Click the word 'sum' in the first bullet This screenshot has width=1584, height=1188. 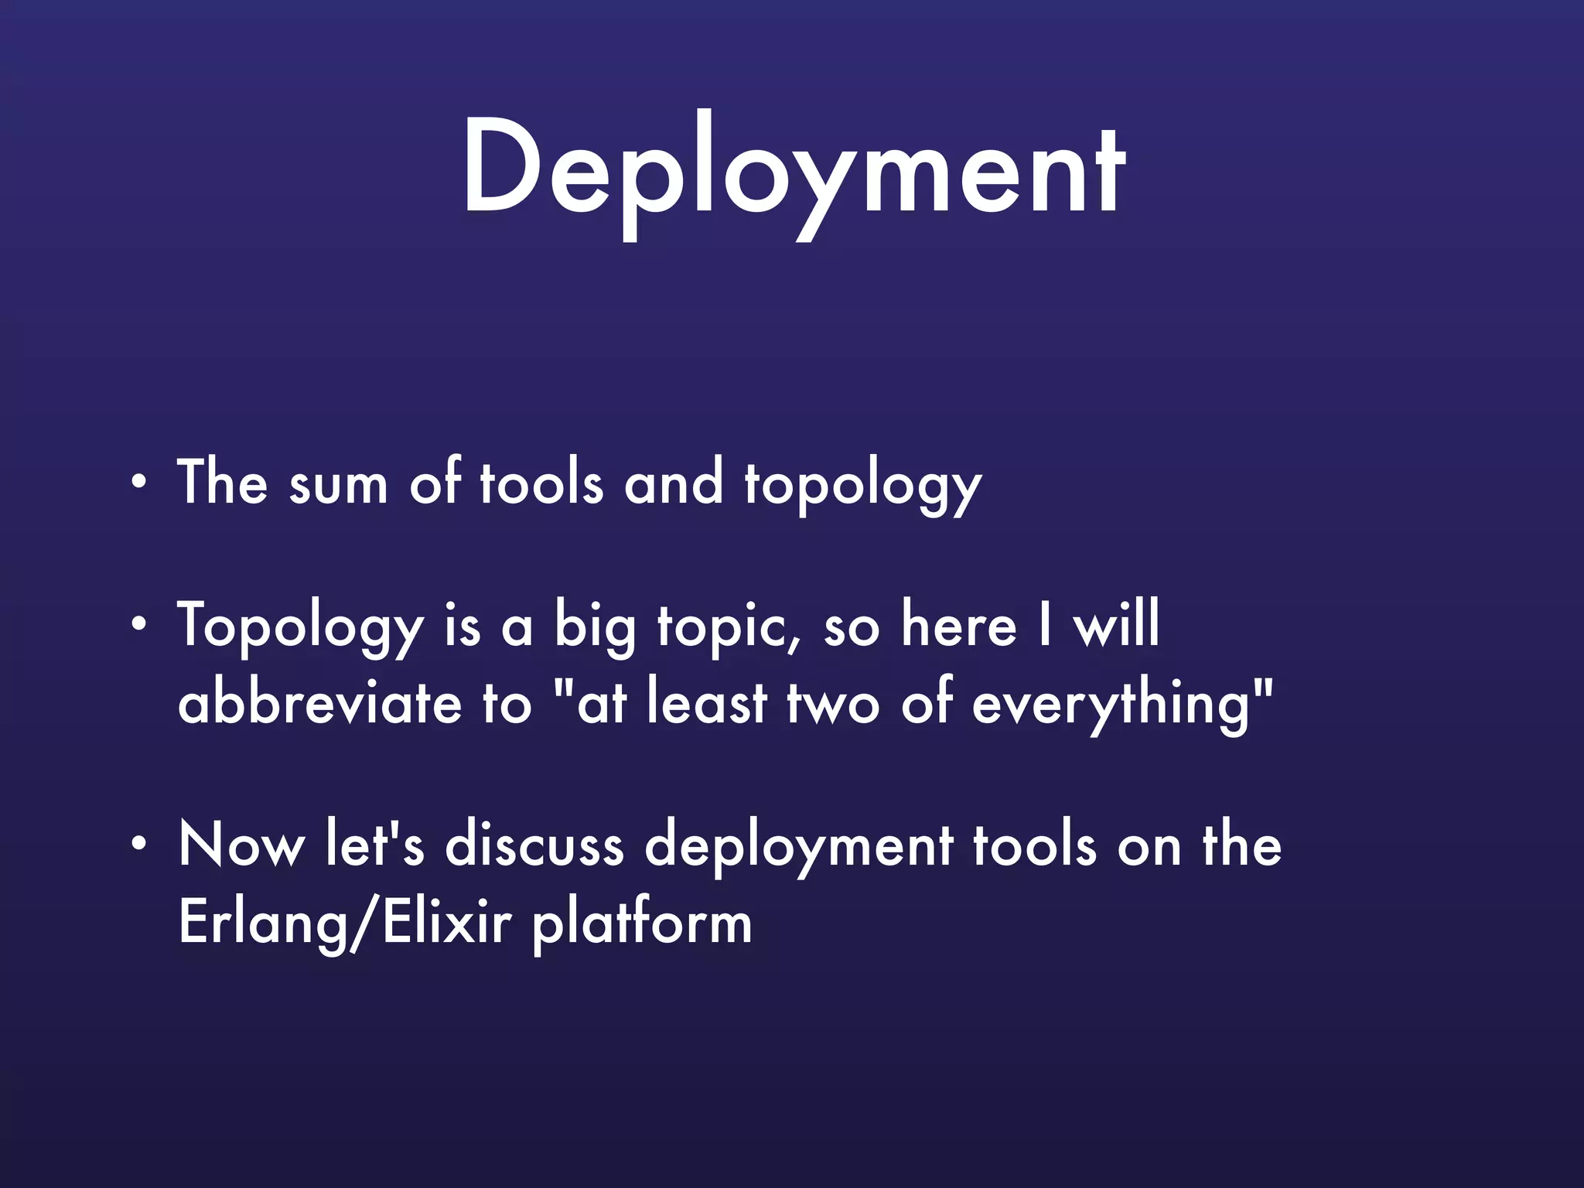(338, 486)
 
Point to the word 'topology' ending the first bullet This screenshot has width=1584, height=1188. (862, 486)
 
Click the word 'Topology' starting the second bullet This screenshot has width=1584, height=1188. (301, 626)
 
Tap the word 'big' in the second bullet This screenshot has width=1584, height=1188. (594, 626)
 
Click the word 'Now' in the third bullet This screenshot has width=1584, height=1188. (241, 845)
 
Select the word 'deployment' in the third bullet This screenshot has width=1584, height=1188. (799, 846)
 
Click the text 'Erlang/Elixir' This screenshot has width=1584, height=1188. (345, 922)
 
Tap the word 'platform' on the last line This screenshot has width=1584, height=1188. (642, 923)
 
